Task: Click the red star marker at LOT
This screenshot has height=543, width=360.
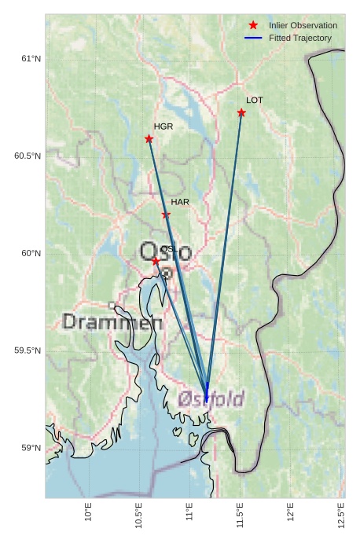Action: click(241, 112)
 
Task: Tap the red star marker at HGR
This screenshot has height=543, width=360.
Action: click(149, 139)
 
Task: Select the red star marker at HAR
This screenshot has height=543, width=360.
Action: click(166, 215)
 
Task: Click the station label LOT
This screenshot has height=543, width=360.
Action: click(255, 101)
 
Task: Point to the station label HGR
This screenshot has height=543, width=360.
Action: click(163, 127)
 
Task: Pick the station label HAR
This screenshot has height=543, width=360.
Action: click(180, 202)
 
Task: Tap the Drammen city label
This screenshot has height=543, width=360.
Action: click(112, 322)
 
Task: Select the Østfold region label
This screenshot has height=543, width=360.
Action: click(211, 399)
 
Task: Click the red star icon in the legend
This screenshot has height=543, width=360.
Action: click(253, 25)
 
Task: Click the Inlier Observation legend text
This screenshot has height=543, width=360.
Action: click(303, 25)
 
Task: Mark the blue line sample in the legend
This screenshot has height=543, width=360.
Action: click(253, 38)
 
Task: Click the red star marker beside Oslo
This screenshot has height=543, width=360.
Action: click(156, 260)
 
